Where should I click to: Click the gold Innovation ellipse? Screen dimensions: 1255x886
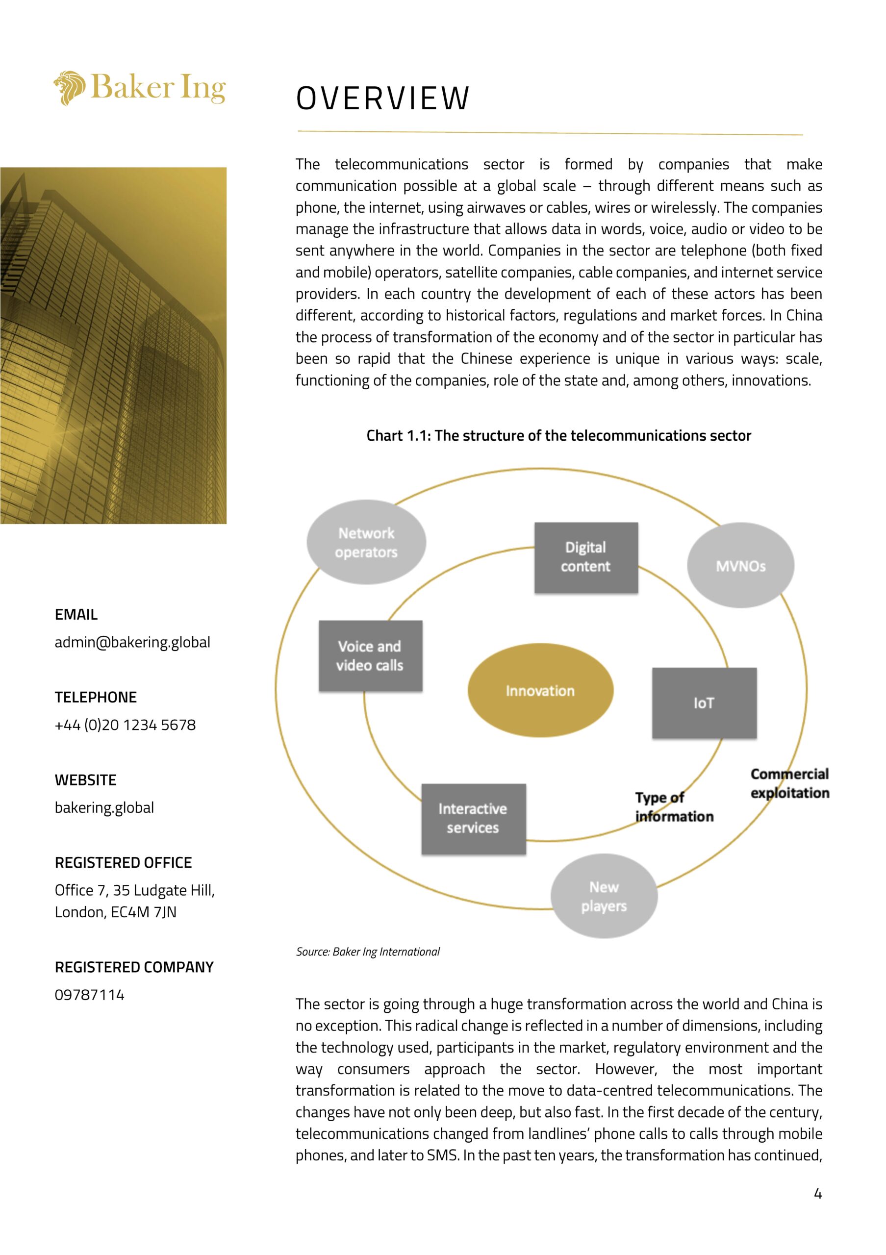coord(540,690)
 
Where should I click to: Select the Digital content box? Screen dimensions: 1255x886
coord(586,557)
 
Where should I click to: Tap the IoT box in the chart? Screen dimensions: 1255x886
coord(704,703)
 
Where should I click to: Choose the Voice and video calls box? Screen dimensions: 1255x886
coord(370,655)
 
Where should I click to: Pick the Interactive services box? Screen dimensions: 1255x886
coord(473,818)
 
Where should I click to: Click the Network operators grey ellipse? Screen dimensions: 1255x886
coord(366,542)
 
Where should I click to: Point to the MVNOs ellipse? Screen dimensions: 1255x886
coord(740,566)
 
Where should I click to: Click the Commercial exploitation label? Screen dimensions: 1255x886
coord(789,783)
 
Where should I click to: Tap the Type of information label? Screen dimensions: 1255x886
coord(673,807)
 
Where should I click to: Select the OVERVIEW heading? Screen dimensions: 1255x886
coord(382,99)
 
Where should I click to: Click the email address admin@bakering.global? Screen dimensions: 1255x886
coord(132,642)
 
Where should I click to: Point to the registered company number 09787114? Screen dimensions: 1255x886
coord(90,995)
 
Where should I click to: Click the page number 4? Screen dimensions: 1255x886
coord(818,1194)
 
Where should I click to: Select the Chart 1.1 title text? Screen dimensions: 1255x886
coord(558,436)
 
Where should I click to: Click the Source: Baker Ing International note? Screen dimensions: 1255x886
coord(368,952)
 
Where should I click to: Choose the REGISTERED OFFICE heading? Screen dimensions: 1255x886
coord(124,862)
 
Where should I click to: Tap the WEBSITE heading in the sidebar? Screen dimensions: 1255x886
coord(86,780)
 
